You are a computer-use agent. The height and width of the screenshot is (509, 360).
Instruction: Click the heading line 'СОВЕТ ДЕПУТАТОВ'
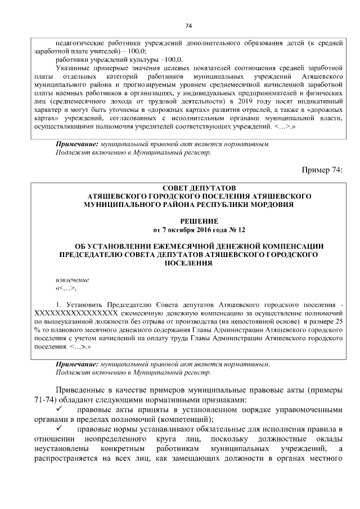(x=200, y=187)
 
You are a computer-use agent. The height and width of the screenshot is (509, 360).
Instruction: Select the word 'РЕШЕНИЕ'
(x=200, y=222)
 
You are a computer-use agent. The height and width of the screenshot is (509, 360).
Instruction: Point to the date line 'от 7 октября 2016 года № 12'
(x=200, y=231)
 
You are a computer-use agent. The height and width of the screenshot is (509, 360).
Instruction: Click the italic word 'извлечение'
(x=73, y=280)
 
